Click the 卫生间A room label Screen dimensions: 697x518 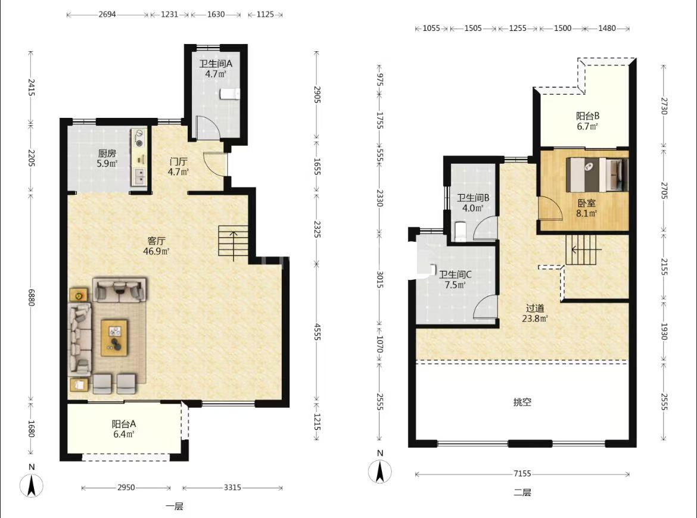click(x=216, y=64)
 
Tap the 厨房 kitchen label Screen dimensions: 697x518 click(x=107, y=153)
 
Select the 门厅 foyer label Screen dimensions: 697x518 click(x=178, y=161)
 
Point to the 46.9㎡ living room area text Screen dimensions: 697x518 click(x=156, y=251)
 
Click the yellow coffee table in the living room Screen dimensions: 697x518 click(x=114, y=338)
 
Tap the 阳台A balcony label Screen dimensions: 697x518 click(x=123, y=424)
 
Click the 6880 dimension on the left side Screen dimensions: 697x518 click(x=31, y=297)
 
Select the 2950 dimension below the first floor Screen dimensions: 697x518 click(x=126, y=488)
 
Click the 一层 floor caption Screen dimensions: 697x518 click(x=174, y=506)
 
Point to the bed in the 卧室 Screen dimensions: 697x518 click(x=597, y=174)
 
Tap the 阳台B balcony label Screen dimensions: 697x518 click(x=587, y=116)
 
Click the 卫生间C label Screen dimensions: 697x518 click(x=455, y=274)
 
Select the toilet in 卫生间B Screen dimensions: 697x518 click(x=460, y=232)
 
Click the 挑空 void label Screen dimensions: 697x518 click(x=522, y=402)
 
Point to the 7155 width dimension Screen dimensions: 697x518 click(x=522, y=473)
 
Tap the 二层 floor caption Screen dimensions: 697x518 click(x=522, y=492)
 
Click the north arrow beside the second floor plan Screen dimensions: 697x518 click(x=379, y=472)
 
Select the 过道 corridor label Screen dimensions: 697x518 click(x=535, y=308)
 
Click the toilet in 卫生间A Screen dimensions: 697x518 click(x=230, y=94)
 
